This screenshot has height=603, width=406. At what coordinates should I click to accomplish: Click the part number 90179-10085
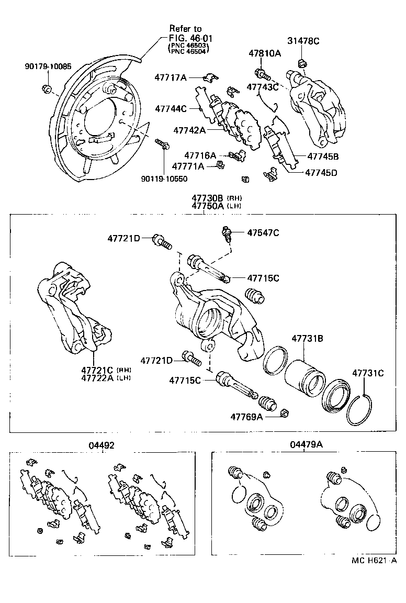pyautogui.click(x=48, y=67)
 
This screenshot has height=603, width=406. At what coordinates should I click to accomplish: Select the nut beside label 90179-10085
pyautogui.click(x=46, y=88)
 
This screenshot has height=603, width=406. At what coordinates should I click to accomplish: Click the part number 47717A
pyautogui.click(x=170, y=77)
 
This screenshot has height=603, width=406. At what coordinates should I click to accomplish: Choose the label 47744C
pyautogui.click(x=171, y=109)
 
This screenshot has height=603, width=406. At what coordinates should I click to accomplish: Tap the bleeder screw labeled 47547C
pyautogui.click(x=227, y=233)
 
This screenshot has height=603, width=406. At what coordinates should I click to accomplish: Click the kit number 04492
pyautogui.click(x=101, y=445)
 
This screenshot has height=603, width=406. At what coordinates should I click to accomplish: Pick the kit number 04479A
pyautogui.click(x=306, y=445)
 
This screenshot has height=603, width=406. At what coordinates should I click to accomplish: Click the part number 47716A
pyautogui.click(x=200, y=155)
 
